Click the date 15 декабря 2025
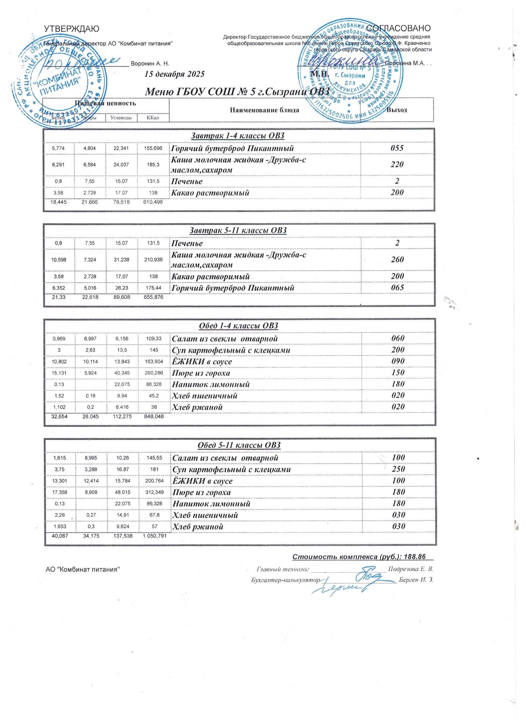coord(174,74)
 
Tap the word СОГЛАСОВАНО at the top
coord(399,28)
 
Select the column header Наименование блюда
coord(264,110)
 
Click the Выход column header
coord(396,110)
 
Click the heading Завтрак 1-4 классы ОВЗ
coord(237,136)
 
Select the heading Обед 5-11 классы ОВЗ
coord(239,445)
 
